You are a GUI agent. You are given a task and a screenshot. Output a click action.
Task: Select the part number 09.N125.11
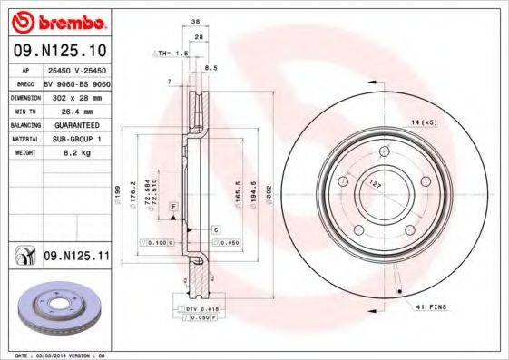coord(76,258)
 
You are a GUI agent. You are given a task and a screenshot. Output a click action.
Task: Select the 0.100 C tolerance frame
coord(156,243)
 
